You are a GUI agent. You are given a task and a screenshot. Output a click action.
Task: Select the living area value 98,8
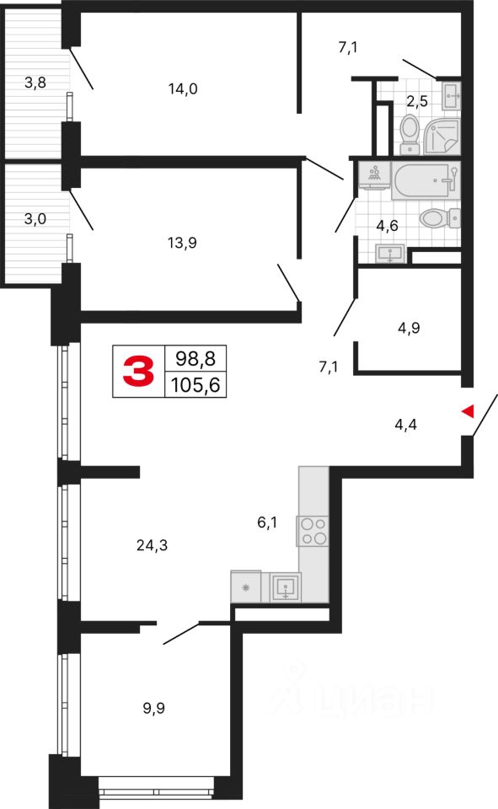195,358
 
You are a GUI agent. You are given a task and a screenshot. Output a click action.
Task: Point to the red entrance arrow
468,410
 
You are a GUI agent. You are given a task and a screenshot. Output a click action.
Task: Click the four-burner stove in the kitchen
312,530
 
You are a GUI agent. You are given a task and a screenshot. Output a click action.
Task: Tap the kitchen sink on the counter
287,586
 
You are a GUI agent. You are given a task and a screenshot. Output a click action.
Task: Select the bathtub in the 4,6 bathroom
426,179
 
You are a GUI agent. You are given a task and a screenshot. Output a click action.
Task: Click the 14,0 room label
182,88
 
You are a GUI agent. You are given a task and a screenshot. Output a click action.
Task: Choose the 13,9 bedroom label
182,243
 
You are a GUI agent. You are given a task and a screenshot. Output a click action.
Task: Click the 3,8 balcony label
35,83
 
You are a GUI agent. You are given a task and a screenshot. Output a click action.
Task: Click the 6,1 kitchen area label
267,523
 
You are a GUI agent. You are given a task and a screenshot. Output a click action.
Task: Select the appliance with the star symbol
246,587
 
